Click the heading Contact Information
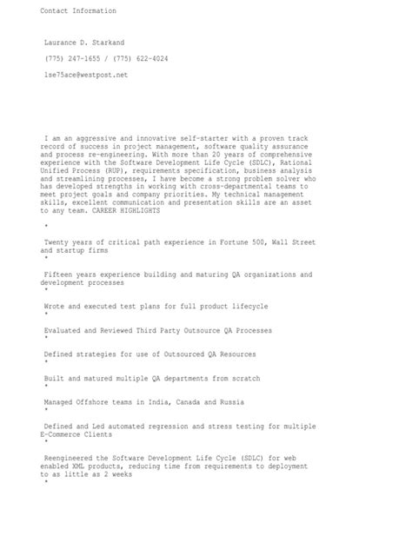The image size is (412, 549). point(77,11)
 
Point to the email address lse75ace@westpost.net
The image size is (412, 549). point(86,76)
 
